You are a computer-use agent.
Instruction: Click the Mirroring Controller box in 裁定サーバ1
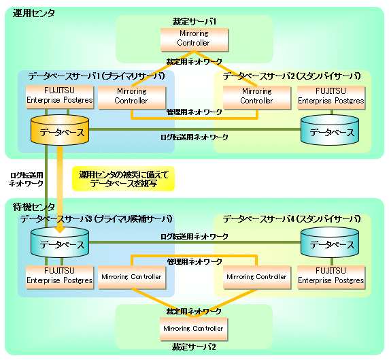[194, 39]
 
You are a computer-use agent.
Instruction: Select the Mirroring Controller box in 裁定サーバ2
[194, 329]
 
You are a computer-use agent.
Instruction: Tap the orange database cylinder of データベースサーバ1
[60, 129]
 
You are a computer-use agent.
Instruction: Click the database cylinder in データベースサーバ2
[330, 129]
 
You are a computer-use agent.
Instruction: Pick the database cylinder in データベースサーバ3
[60, 242]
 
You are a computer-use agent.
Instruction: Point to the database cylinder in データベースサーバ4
[330, 242]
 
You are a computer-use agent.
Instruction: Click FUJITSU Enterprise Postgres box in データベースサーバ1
[60, 97]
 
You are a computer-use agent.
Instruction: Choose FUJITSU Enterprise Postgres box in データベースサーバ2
[331, 97]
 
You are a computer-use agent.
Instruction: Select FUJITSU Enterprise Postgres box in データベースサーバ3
[60, 278]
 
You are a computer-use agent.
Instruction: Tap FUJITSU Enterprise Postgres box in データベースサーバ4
[331, 278]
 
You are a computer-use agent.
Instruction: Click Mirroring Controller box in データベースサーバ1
[132, 97]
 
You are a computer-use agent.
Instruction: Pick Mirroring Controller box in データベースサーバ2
[257, 97]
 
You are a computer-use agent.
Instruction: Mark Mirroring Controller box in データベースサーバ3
[132, 278]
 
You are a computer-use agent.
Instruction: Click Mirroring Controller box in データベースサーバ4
[257, 278]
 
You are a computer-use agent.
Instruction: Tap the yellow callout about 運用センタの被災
[123, 179]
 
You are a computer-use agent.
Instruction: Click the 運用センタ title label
[34, 13]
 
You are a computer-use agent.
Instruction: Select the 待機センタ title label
[34, 207]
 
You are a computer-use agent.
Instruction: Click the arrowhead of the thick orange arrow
[60, 229]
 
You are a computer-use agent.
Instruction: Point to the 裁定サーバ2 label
[194, 347]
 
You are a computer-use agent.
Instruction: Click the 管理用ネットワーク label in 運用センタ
[194, 112]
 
